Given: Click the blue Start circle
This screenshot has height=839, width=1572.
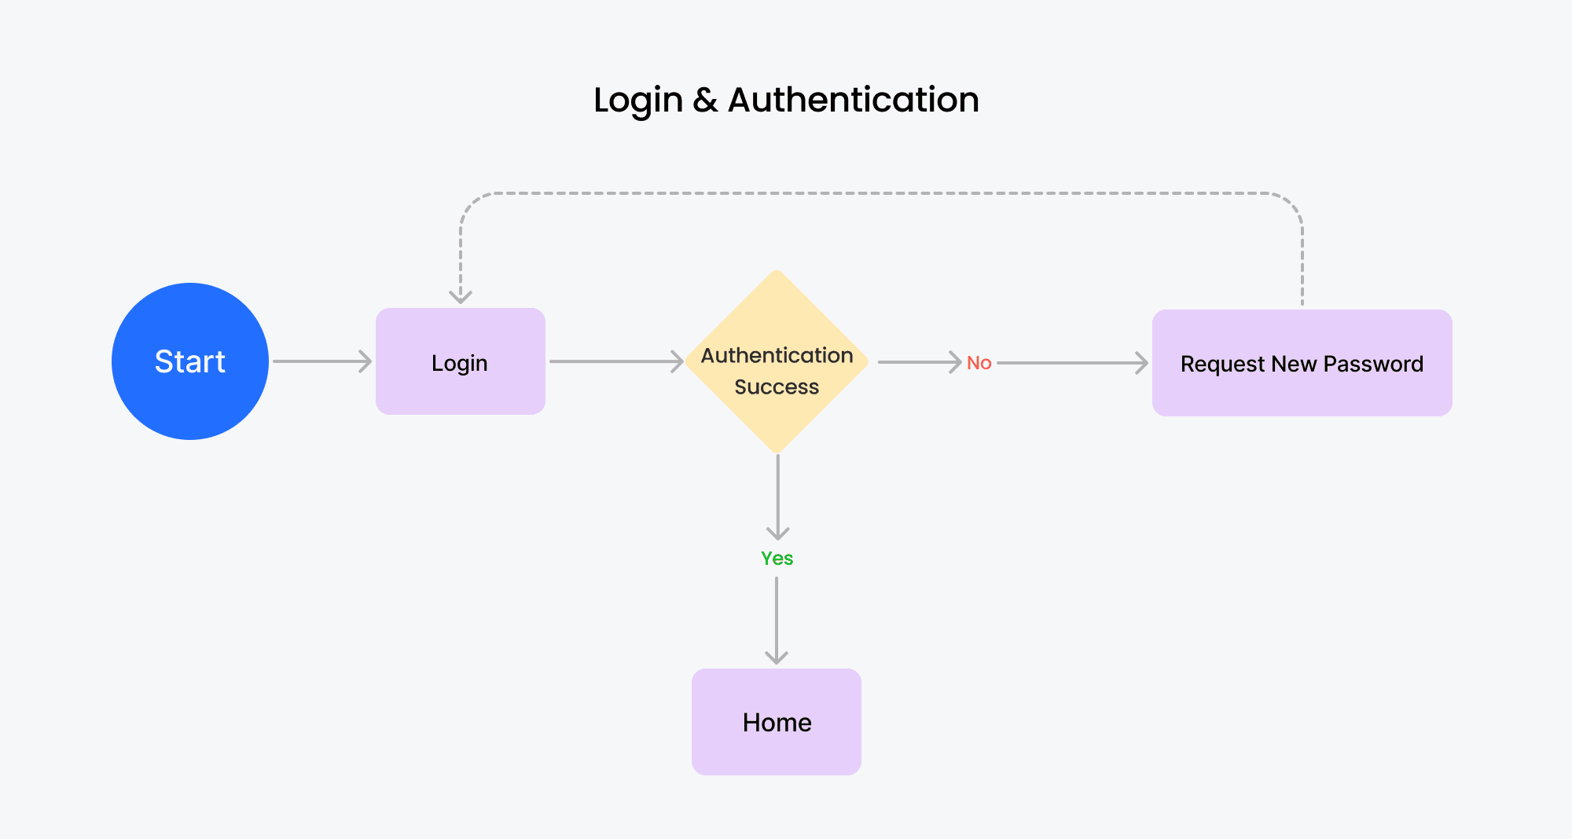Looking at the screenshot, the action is point(190,361).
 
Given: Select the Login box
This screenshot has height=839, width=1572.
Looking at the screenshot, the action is point(461,361).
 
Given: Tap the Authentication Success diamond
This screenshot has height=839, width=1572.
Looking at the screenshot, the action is point(777,362).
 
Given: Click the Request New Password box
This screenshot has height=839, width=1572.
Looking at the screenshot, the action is point(1302,363).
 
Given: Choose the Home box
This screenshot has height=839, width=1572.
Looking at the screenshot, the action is point(777,722).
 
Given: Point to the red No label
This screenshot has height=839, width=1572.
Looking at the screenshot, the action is point(979,363).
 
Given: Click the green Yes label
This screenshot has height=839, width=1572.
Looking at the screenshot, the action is point(777,559).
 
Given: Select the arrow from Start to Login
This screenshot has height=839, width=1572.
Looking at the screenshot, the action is point(322,361).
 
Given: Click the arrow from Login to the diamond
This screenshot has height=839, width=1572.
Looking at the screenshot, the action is point(617,361).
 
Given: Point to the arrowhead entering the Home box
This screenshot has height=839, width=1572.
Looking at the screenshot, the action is point(777,658).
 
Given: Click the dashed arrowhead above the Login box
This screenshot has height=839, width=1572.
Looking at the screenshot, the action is point(461,297).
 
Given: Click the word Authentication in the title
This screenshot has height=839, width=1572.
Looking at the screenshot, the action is point(854,100).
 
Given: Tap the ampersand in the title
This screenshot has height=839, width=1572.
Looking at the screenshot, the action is point(706,100).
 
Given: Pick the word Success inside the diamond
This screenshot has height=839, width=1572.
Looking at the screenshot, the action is point(777,387).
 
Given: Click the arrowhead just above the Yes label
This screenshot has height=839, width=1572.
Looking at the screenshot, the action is point(778,533).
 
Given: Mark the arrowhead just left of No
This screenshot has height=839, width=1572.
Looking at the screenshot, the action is point(955,362).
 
